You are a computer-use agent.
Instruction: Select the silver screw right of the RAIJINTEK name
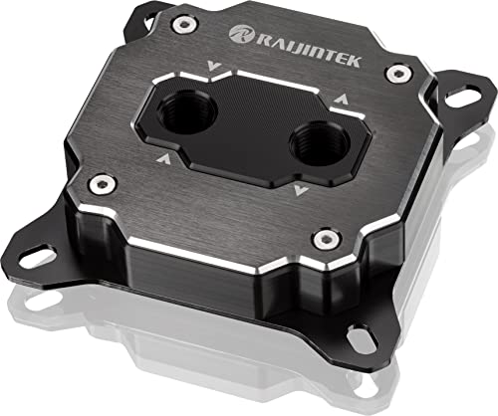pos(398,74)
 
